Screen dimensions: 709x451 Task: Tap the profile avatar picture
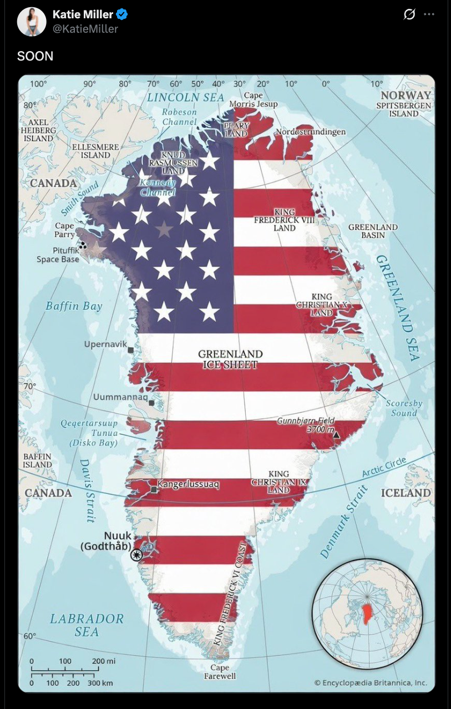click(32, 22)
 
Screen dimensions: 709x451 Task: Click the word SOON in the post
click(35, 56)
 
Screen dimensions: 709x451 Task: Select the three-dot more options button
click(429, 15)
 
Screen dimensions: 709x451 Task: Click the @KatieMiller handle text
click(85, 29)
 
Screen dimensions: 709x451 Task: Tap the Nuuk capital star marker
click(136, 555)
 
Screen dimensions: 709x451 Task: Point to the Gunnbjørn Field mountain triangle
click(336, 435)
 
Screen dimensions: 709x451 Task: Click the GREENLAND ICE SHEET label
click(230, 359)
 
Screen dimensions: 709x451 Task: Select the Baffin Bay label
click(74, 306)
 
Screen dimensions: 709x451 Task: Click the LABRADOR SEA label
click(87, 625)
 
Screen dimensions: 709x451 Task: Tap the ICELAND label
click(406, 493)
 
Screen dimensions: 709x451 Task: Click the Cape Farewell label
click(220, 672)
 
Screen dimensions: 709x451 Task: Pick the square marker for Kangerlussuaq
click(154, 489)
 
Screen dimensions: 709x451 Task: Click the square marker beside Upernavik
click(131, 350)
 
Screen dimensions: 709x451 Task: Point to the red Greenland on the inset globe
click(367, 614)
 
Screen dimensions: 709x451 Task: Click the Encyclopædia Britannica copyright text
click(371, 683)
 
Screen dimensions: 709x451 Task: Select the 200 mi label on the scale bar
click(104, 661)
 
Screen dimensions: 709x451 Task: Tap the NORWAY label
click(406, 95)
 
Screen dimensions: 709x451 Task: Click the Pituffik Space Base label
click(58, 255)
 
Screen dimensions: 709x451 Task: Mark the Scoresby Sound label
click(404, 408)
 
